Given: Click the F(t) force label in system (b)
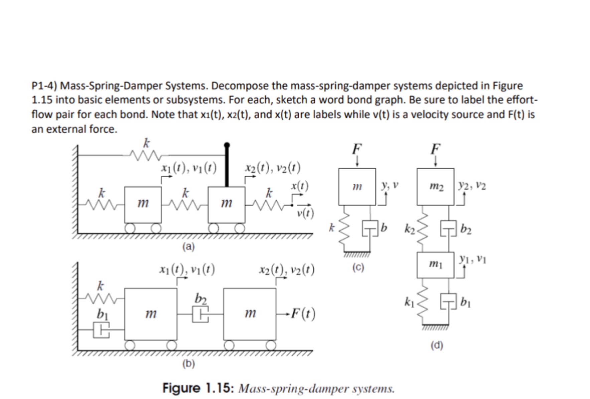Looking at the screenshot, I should tap(303, 314).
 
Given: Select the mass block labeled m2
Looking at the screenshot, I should tap(435, 187).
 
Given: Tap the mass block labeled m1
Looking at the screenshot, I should tap(435, 265).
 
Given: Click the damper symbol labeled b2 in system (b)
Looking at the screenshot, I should tap(200, 314).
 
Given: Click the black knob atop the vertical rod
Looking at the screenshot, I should tap(227, 145).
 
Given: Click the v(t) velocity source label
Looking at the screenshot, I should tap(305, 213).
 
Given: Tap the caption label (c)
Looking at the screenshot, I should tap(358, 267).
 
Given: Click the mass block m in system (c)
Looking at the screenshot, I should tap(357, 187).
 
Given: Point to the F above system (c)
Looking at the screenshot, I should tap(357, 149).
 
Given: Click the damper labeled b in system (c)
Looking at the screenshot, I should tap(370, 228).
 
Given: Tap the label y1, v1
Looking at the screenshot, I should tap(472, 259).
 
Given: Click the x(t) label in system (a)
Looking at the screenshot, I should tap(300, 186).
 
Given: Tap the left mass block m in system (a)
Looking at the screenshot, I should tap(143, 204).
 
